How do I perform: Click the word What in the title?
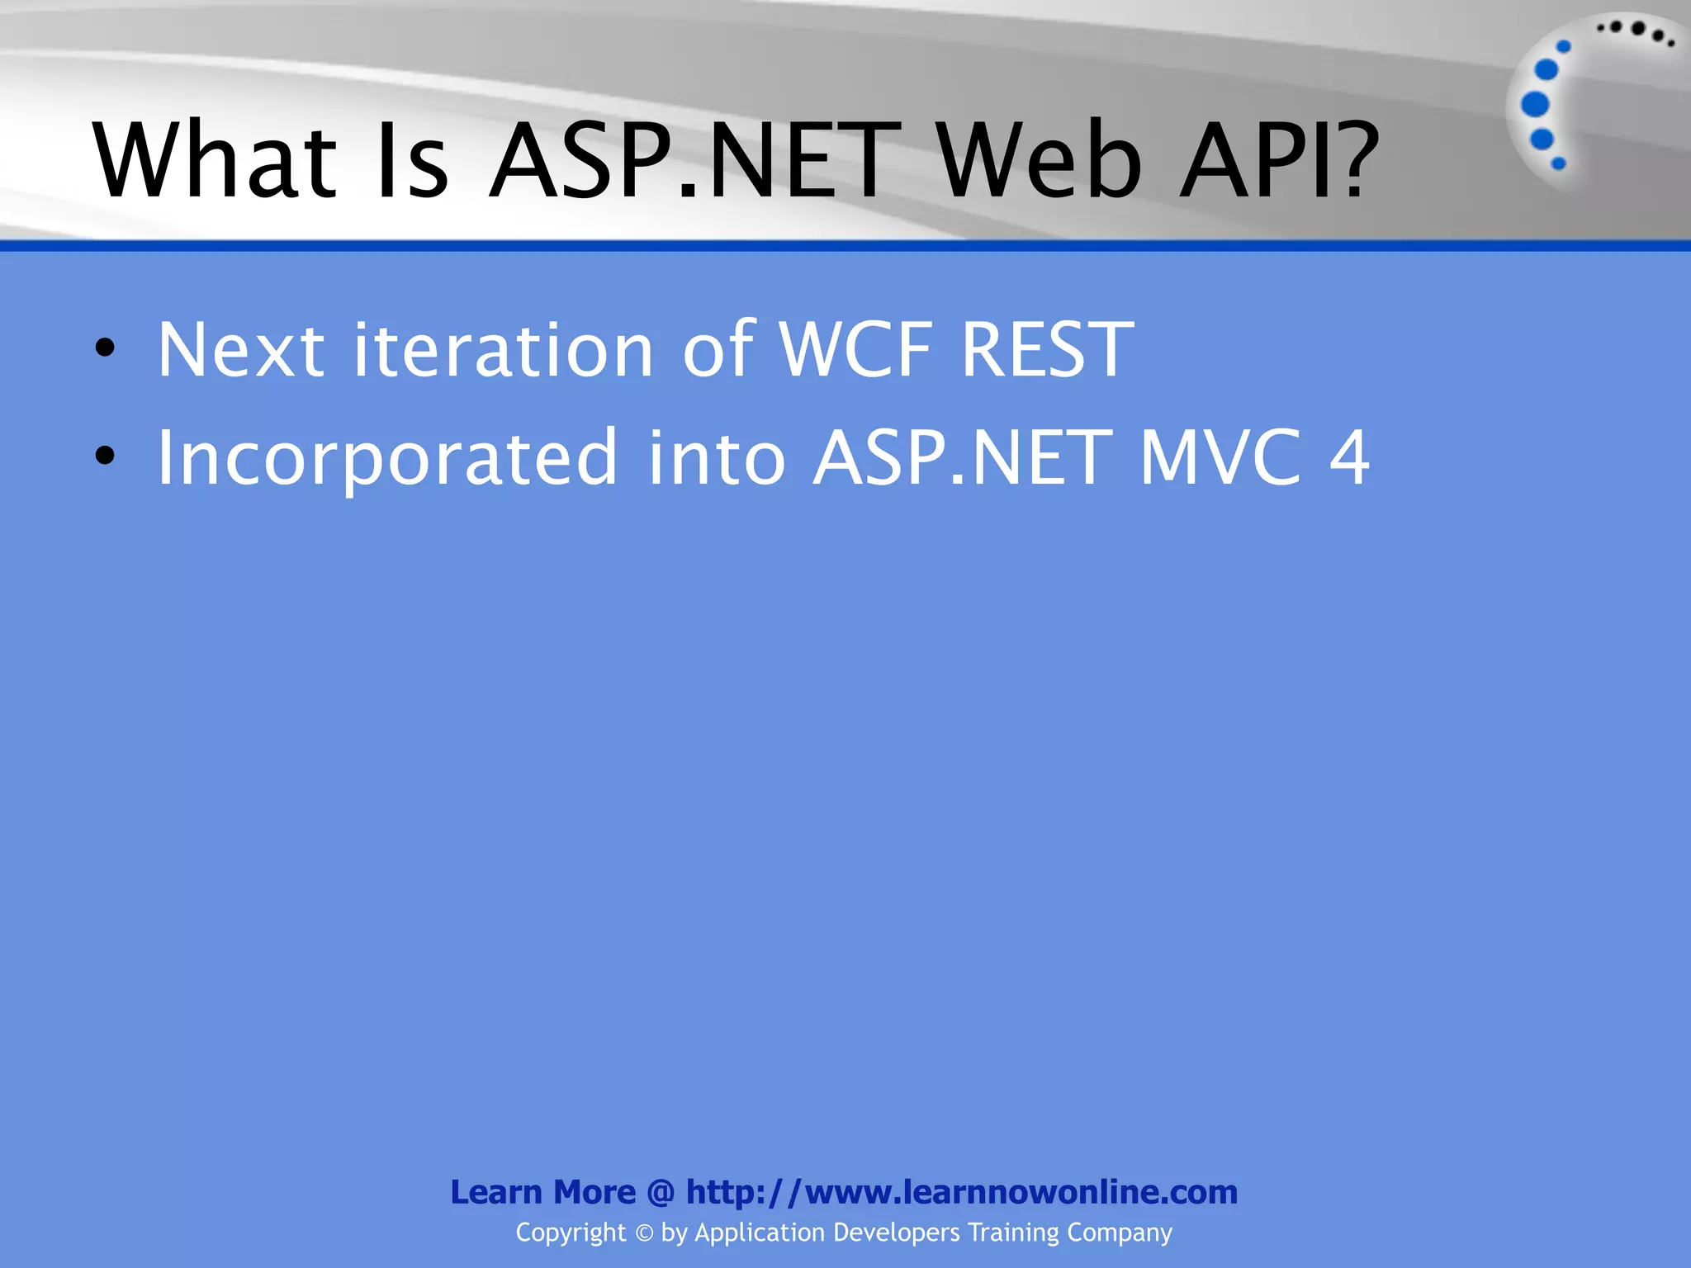point(215,161)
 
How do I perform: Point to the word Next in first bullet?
point(240,351)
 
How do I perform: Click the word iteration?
point(504,351)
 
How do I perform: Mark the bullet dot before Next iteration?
point(105,348)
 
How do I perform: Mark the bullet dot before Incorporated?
point(105,456)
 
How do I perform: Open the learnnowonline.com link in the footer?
point(962,1192)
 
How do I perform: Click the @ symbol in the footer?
point(661,1192)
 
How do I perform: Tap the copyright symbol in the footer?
point(644,1233)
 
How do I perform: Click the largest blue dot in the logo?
point(1535,105)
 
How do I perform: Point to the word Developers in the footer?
point(897,1233)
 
